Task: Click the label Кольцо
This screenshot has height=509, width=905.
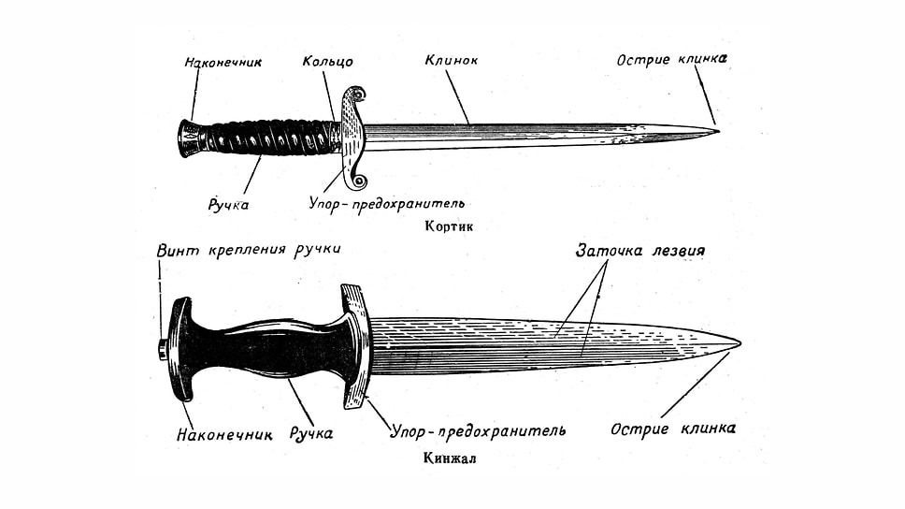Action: [x=327, y=61]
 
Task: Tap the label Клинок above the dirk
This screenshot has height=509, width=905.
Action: [x=451, y=60]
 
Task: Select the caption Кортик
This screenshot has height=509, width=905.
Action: [x=449, y=225]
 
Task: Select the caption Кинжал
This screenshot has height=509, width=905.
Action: [x=450, y=458]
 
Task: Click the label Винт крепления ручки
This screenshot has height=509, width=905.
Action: [x=249, y=250]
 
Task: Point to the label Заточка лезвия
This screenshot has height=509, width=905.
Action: [x=640, y=251]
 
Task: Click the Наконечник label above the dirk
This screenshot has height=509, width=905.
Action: [x=223, y=62]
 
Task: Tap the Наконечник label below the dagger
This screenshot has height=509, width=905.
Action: [x=224, y=434]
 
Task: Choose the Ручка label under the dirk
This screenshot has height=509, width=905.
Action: [x=228, y=205]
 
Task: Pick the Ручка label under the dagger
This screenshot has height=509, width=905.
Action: [x=311, y=433]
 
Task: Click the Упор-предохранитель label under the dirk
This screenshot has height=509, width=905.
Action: [x=386, y=204]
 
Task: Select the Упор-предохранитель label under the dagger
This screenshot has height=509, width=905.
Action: [x=478, y=431]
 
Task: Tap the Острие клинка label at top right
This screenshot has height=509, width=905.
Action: [x=672, y=60]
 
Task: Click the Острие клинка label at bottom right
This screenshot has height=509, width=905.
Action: [x=673, y=429]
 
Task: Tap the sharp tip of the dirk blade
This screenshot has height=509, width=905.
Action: [x=719, y=131]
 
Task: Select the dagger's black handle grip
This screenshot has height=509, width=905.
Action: [x=271, y=350]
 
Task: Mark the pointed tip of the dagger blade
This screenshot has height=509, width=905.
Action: [x=740, y=343]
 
